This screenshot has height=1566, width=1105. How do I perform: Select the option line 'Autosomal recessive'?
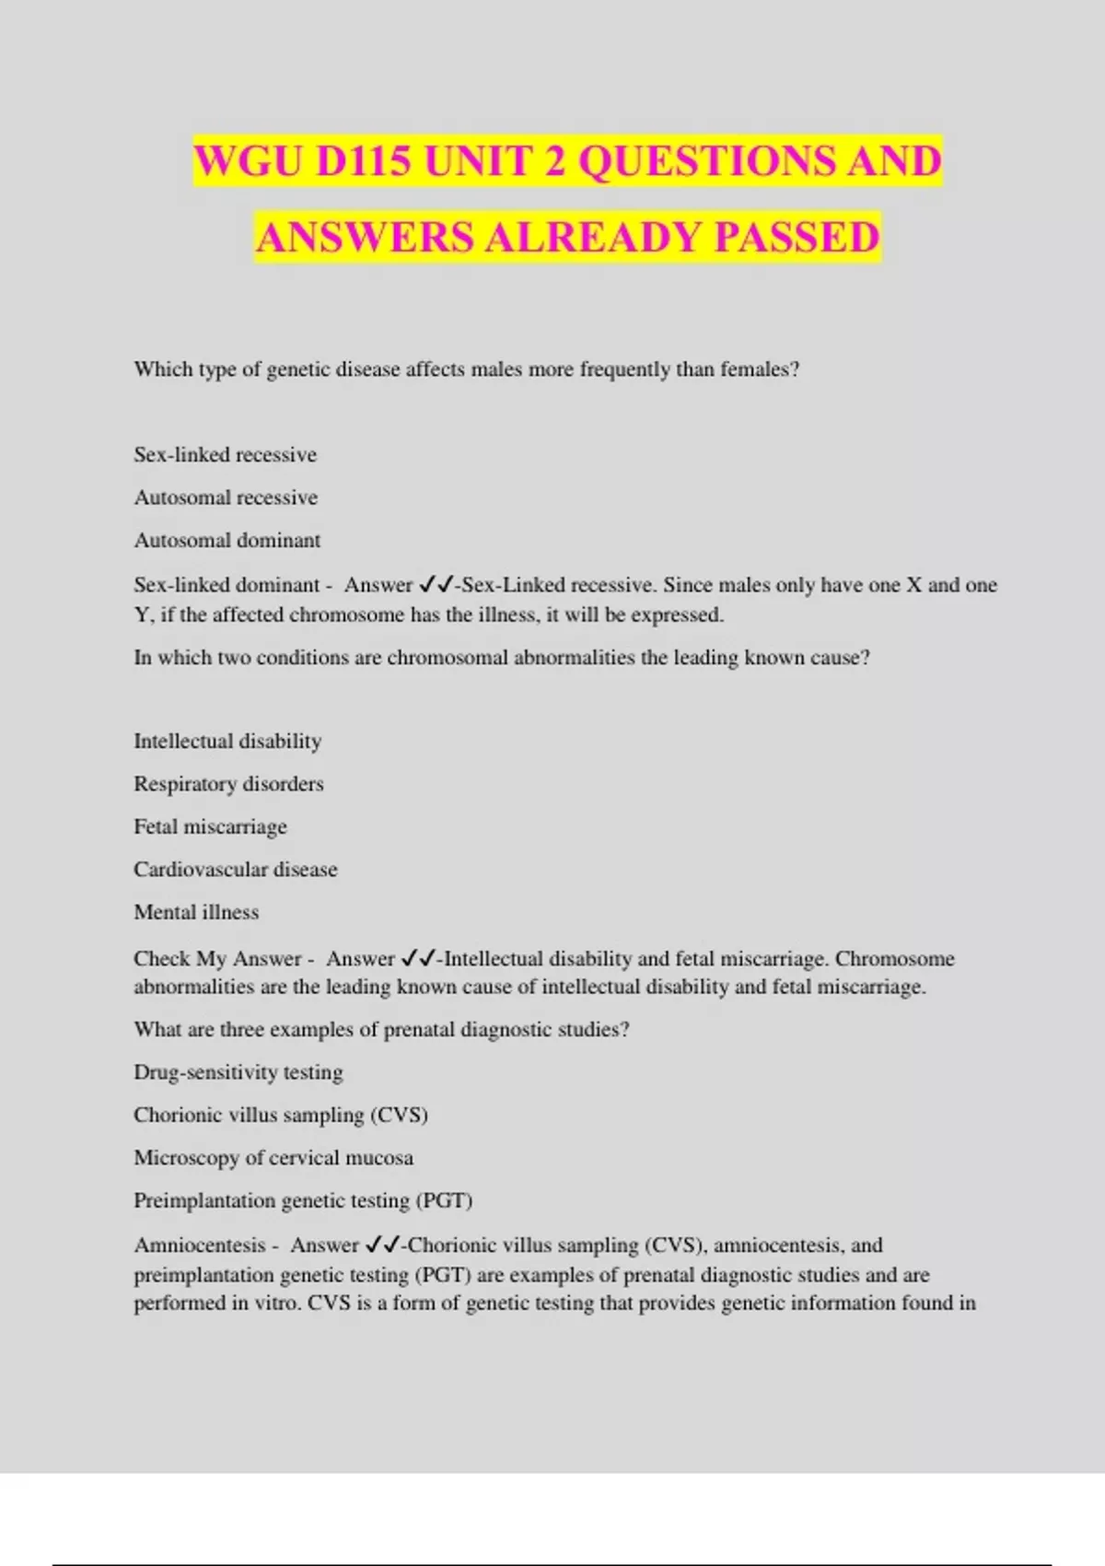226,497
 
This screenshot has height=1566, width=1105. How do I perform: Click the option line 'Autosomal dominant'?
227,541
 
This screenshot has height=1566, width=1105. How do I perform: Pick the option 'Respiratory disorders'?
228,784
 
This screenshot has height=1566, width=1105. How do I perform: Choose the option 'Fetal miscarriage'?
210,827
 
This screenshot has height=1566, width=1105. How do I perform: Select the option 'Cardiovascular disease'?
236,870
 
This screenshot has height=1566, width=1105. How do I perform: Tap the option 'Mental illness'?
196,912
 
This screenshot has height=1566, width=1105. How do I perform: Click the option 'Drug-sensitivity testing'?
238,1072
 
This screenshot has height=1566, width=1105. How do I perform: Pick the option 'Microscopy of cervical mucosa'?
273,1158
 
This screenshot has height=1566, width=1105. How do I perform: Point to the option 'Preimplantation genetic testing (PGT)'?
303,1200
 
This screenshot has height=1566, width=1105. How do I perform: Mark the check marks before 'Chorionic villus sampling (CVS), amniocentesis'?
382,1245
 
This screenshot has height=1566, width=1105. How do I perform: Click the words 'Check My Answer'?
217,959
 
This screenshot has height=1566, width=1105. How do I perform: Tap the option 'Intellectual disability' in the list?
227,742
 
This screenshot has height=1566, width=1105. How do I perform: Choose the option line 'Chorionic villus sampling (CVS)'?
281,1115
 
